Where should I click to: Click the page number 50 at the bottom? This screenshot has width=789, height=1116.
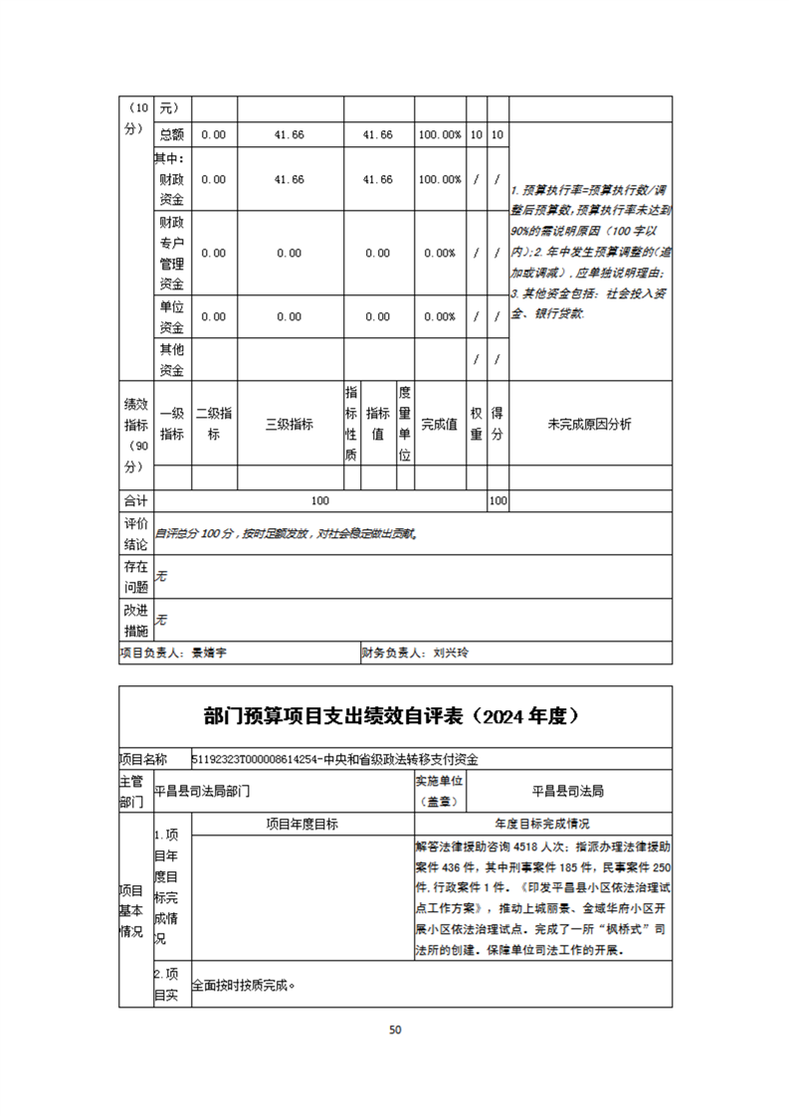pos(395,1029)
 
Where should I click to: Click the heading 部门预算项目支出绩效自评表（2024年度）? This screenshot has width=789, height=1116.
pos(395,716)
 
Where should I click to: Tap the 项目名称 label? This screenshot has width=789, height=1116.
pos(143,759)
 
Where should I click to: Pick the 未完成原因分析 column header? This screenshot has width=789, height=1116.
pos(589,425)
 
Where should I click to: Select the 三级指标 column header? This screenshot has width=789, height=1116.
pos(289,425)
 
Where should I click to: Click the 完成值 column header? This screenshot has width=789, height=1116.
pos(440,425)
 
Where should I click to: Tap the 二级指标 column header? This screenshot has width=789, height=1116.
pos(214,425)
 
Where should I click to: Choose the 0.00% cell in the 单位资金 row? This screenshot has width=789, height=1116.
pos(440,316)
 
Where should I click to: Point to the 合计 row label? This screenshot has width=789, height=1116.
pos(135,501)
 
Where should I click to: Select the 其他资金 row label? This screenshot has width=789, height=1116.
pos(172,360)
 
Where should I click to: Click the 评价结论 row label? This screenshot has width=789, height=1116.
pos(135,534)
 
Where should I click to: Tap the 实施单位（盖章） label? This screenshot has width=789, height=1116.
pos(440,791)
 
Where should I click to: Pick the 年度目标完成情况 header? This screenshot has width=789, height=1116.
pos(542,824)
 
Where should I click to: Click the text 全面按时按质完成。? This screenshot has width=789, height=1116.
pos(244,987)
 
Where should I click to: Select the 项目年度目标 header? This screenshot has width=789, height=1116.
pos(301,824)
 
